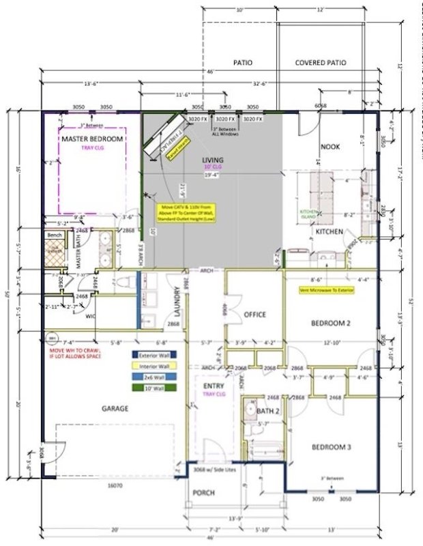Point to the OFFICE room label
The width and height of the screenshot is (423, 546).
click(254, 315)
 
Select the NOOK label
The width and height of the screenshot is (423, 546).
click(332, 147)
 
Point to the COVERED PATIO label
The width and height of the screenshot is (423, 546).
click(320, 63)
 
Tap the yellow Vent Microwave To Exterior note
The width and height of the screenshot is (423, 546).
click(328, 289)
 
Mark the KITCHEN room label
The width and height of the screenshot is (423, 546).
click(328, 231)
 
